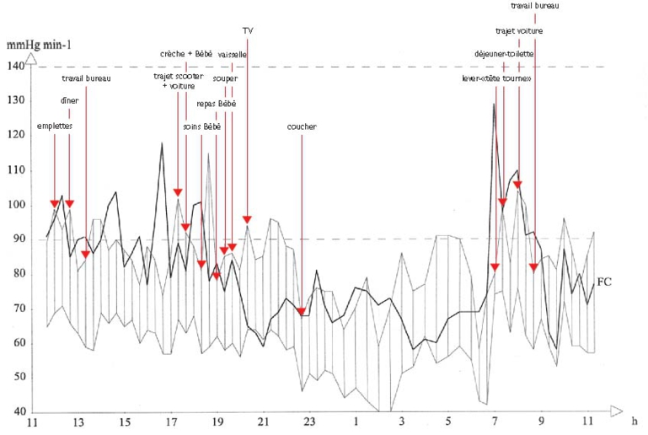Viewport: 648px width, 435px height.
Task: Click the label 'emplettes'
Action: coord(54,126)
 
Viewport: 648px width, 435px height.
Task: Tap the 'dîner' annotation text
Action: coord(69,101)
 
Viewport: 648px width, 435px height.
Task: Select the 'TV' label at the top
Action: coord(247,30)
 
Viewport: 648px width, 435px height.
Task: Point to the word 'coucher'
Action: coord(302,126)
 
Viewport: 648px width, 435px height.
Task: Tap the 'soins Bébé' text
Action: coord(201,126)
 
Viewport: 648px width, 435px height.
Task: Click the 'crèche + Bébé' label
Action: coord(187,54)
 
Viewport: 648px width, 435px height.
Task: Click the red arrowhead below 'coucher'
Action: coord(302,312)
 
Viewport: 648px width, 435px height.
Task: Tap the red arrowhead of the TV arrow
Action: coord(247,219)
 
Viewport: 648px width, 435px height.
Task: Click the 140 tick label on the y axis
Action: coord(17,66)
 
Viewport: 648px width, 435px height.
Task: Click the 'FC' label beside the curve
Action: coord(602,282)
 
